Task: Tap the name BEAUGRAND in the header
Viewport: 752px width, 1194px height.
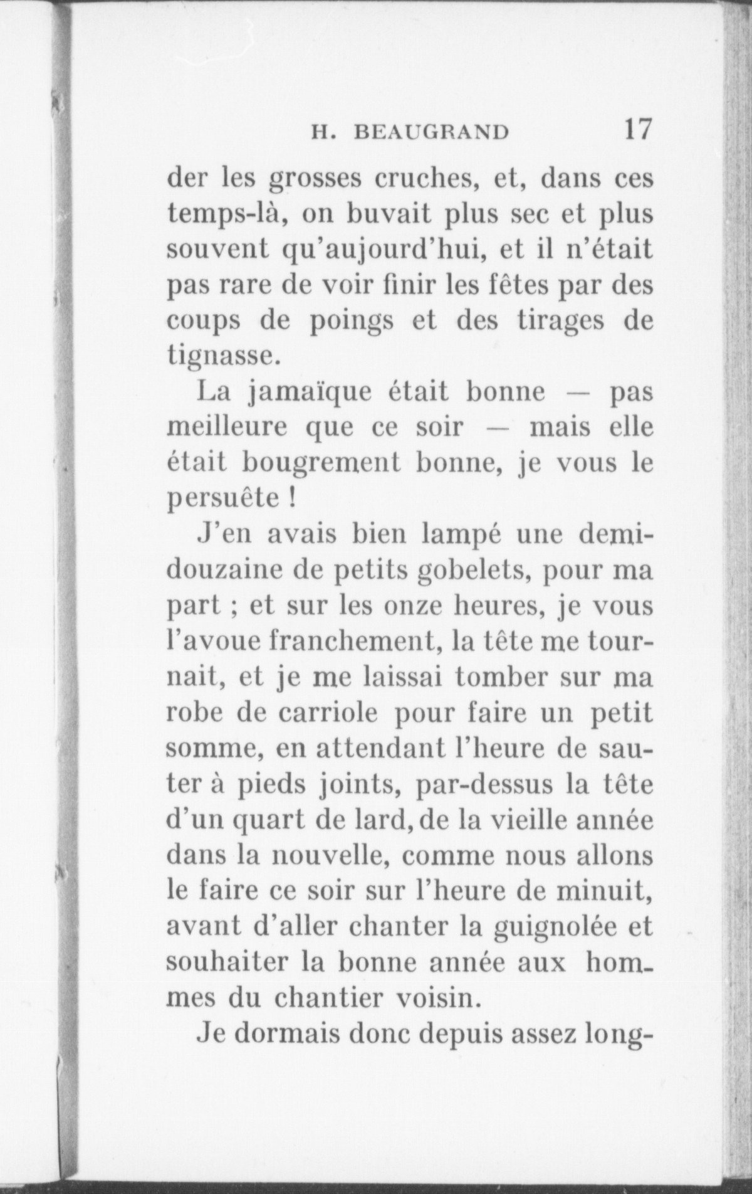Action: pyautogui.click(x=431, y=132)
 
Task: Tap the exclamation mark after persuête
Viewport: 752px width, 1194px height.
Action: pyautogui.click(x=292, y=499)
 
